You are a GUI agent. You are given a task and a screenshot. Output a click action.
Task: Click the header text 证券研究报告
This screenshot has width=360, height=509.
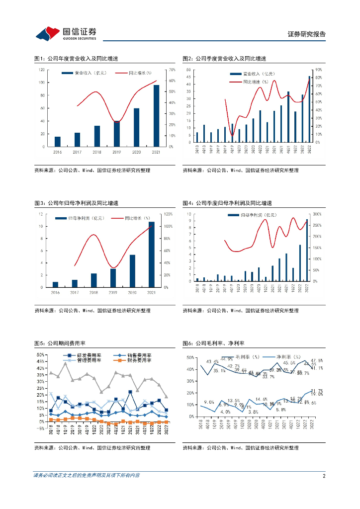[307, 34]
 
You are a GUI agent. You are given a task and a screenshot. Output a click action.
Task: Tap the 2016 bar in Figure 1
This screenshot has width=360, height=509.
[58, 142]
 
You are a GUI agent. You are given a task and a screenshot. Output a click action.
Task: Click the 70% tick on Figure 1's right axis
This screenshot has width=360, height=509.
[172, 70]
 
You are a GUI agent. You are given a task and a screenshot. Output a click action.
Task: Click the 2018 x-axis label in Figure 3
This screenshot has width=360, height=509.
[93, 293]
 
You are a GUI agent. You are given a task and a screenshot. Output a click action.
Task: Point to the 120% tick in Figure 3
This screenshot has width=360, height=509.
[168, 214]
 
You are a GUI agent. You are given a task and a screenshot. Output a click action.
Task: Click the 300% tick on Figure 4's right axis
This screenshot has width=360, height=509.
[317, 214]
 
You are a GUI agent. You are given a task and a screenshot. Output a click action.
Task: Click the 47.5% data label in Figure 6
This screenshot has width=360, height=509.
[317, 360]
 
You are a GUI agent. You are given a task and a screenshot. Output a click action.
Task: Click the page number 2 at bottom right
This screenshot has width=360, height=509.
[324, 476]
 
